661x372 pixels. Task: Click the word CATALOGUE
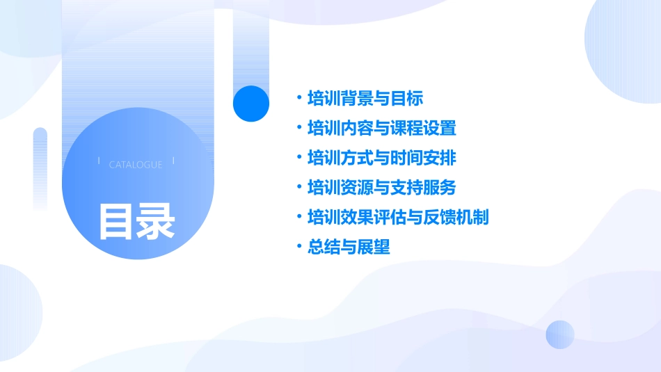[x=136, y=165]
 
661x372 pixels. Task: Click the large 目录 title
[x=136, y=221]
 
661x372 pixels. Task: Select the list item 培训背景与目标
[x=365, y=99]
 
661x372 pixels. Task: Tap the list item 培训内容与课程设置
[x=382, y=129]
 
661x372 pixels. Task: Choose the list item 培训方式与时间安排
[x=382, y=158]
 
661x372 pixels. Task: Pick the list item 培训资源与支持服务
[x=382, y=188]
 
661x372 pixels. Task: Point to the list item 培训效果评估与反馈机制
[x=398, y=218]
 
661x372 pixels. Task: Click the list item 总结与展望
[x=349, y=247]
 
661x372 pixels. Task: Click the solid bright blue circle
[x=251, y=104]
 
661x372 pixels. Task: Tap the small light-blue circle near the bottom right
[x=560, y=334]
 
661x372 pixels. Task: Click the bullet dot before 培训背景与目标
[x=298, y=99]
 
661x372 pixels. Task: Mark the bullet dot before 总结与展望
[x=298, y=247]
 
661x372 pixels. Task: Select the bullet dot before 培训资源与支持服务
[x=298, y=188]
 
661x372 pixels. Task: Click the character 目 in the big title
[x=116, y=221]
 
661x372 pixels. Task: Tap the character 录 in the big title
[x=156, y=221]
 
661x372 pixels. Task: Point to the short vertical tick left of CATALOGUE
[x=99, y=161]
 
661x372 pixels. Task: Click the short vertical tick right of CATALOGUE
[x=173, y=161]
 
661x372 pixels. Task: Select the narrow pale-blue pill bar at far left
[x=40, y=167]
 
